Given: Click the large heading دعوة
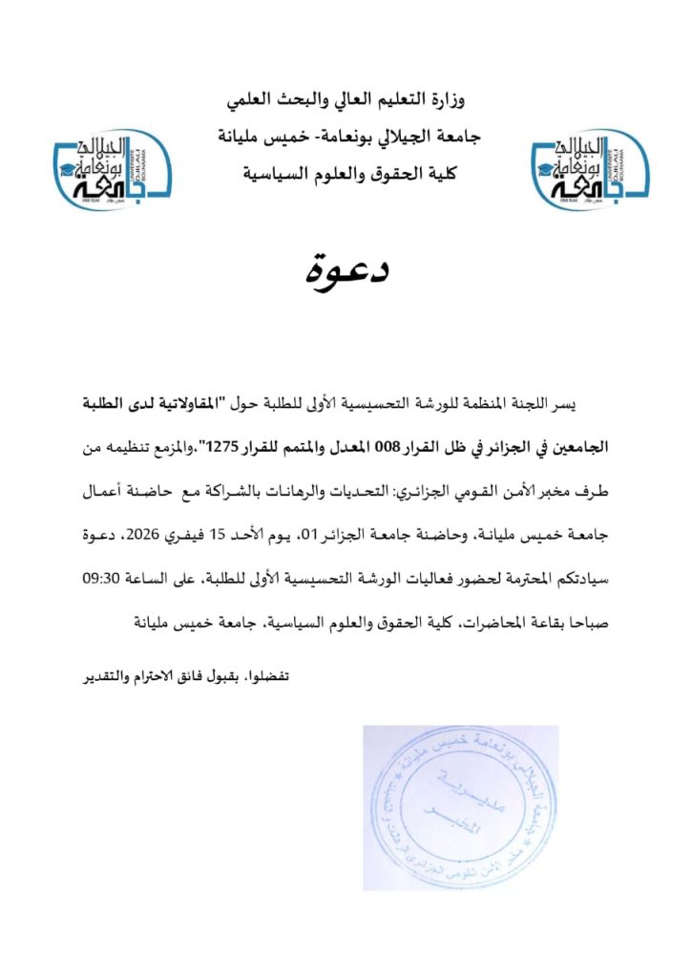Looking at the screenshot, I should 345,271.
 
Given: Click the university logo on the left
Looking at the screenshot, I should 111,170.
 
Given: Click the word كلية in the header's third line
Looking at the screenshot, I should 442,174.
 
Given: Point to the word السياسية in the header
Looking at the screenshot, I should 271,174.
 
